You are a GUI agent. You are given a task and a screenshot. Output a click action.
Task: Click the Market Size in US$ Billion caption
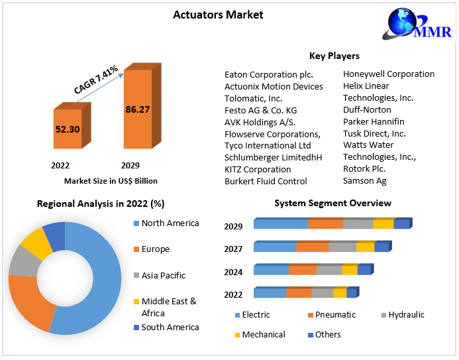tap(111, 180)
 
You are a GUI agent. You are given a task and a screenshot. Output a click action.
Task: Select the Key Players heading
tap(334, 56)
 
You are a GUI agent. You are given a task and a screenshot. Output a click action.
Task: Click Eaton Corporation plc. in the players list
tap(268, 74)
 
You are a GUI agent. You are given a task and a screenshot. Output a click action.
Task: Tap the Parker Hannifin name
tap(373, 121)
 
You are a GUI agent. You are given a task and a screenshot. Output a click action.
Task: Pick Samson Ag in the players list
tap(364, 180)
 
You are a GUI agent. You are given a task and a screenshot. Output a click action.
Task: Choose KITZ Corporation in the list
tap(258, 169)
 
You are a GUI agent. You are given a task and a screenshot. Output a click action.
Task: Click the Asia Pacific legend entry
tap(164, 275)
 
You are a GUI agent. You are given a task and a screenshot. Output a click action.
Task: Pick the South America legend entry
tap(170, 327)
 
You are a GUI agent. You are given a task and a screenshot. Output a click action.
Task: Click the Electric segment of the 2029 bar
tap(281, 224)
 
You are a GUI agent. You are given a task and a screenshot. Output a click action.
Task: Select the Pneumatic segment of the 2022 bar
tap(299, 293)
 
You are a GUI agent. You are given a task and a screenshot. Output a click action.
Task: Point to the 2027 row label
tap(233, 249)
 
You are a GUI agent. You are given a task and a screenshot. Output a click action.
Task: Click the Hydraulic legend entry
tap(406, 315)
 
